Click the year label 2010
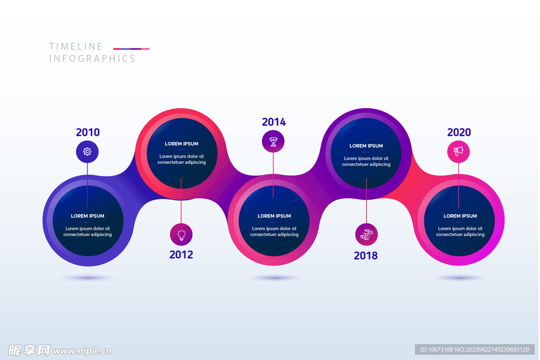[x=88, y=132]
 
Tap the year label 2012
[x=181, y=255]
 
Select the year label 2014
[x=274, y=122]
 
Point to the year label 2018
[x=365, y=256]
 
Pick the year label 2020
[x=459, y=132]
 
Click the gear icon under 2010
[x=87, y=152]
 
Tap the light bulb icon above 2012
[x=181, y=235]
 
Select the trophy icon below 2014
[x=273, y=141]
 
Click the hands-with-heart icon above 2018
[x=366, y=235]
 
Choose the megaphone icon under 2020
[x=458, y=151]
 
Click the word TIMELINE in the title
[x=76, y=46]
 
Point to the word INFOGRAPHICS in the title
[x=92, y=59]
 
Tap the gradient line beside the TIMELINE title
[x=131, y=48]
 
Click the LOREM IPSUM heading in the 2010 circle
[x=88, y=216]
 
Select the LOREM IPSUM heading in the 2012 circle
[x=181, y=144]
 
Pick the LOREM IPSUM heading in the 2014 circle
[x=274, y=216]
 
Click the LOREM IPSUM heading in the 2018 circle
[x=366, y=146]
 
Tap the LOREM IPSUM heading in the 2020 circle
[x=460, y=216]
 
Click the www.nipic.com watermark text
[x=82, y=351]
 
